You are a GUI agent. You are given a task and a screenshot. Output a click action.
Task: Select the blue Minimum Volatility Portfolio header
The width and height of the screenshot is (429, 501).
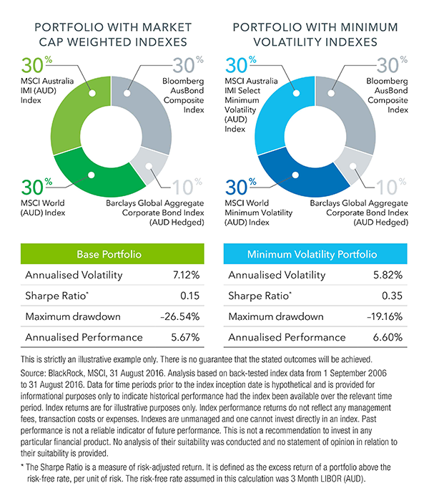[x=312, y=254]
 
